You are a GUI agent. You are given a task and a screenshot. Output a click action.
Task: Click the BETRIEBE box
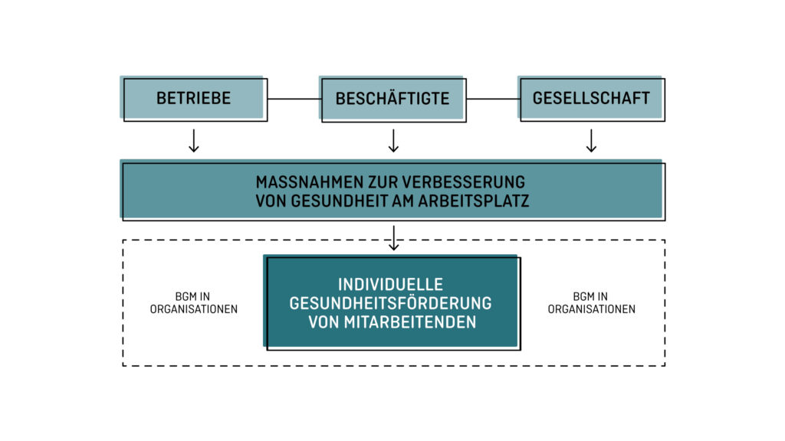point(194,99)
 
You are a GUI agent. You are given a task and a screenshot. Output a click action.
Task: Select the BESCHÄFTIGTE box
point(392,99)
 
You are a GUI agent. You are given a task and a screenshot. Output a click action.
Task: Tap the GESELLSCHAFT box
point(591,99)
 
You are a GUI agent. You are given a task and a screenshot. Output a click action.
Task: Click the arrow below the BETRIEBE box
point(194,141)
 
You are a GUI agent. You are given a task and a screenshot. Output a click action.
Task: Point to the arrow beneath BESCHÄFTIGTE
point(393,141)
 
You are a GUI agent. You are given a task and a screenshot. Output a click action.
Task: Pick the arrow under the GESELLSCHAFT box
point(591,141)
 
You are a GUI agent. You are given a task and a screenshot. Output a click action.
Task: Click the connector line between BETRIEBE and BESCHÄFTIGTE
point(294,99)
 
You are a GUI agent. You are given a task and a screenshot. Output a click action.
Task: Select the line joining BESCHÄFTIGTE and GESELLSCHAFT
point(493,99)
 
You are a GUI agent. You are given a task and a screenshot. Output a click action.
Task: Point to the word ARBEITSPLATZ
point(474,201)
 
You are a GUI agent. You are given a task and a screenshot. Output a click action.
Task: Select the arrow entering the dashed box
point(394,238)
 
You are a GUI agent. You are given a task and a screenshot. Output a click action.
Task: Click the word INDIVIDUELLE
point(390,285)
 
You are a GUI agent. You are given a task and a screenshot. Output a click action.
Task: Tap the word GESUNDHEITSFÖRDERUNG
point(390,303)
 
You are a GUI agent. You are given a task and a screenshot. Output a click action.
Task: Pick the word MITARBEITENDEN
point(410,322)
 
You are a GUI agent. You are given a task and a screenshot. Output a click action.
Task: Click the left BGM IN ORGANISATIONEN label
point(194,303)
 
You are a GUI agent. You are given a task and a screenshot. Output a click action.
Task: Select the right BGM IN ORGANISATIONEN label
point(591,303)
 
